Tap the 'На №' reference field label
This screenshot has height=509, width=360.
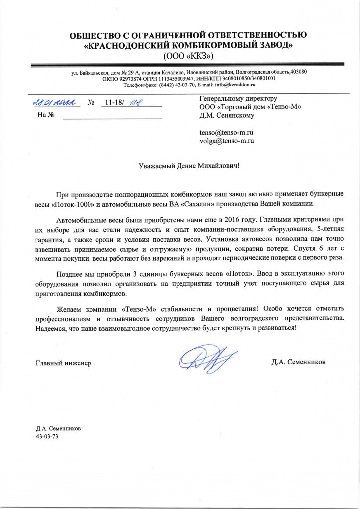[42, 116]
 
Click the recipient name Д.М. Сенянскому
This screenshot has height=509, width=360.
[227, 116]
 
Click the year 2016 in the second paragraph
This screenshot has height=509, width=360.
[232, 219]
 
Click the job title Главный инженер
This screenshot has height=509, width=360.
[63, 362]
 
